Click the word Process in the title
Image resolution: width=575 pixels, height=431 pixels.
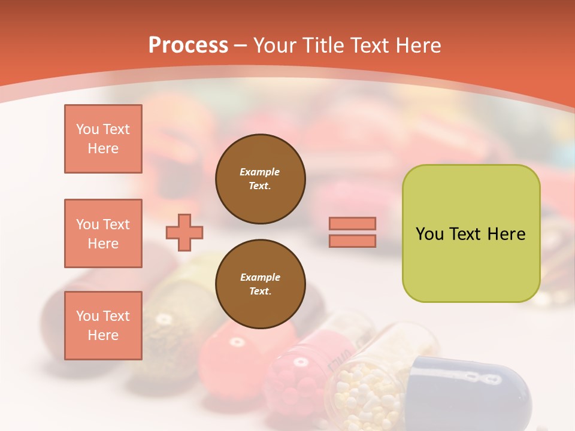click(188, 45)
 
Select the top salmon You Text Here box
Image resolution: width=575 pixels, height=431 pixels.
click(103, 139)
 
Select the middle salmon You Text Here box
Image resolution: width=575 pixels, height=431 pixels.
click(103, 233)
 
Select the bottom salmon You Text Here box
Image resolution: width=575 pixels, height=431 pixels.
click(103, 326)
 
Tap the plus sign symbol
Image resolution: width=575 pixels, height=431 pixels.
click(184, 232)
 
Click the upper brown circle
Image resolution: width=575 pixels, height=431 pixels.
click(261, 178)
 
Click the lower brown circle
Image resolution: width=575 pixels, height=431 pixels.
click(261, 284)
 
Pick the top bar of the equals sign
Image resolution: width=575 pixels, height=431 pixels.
click(352, 224)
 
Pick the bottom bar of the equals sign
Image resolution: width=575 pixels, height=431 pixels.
click(352, 241)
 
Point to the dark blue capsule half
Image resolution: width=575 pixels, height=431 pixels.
click(473, 389)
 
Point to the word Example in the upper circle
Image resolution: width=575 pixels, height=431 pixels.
click(260, 172)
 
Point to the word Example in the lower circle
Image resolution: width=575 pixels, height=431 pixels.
click(260, 277)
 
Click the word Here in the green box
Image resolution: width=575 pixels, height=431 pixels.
click(506, 234)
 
